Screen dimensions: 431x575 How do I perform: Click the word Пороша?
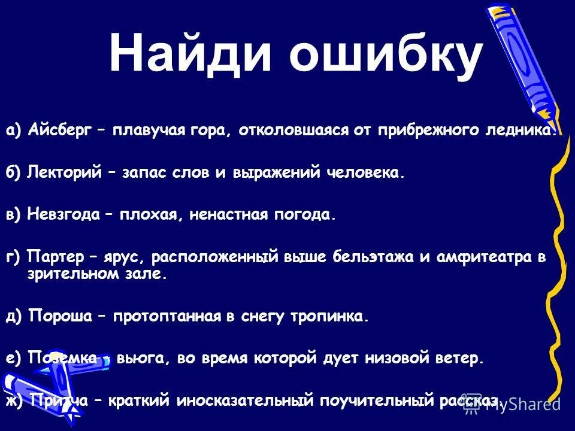(60, 317)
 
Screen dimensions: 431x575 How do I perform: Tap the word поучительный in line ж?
(371, 400)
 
